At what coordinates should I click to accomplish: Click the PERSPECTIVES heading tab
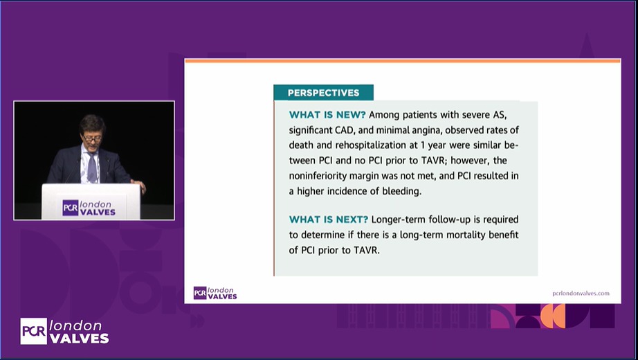coord(323,93)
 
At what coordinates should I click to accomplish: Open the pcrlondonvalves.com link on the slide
coord(581,293)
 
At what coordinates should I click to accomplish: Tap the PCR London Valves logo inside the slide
coord(215,293)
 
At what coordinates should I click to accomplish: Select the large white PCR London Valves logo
coord(64,332)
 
